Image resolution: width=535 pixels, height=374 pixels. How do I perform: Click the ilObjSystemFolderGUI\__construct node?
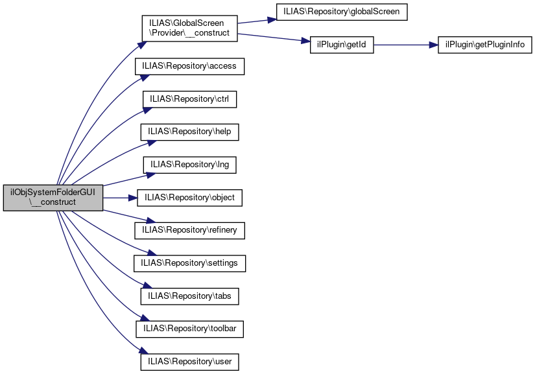(x=53, y=197)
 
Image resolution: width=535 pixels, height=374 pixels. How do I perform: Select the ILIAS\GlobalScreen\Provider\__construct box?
(x=189, y=28)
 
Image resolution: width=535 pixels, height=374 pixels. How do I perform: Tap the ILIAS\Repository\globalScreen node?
(x=342, y=12)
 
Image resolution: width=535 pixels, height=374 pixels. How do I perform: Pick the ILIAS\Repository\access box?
(x=189, y=66)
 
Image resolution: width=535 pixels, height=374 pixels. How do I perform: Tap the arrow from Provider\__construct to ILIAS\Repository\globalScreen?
(x=256, y=21)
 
